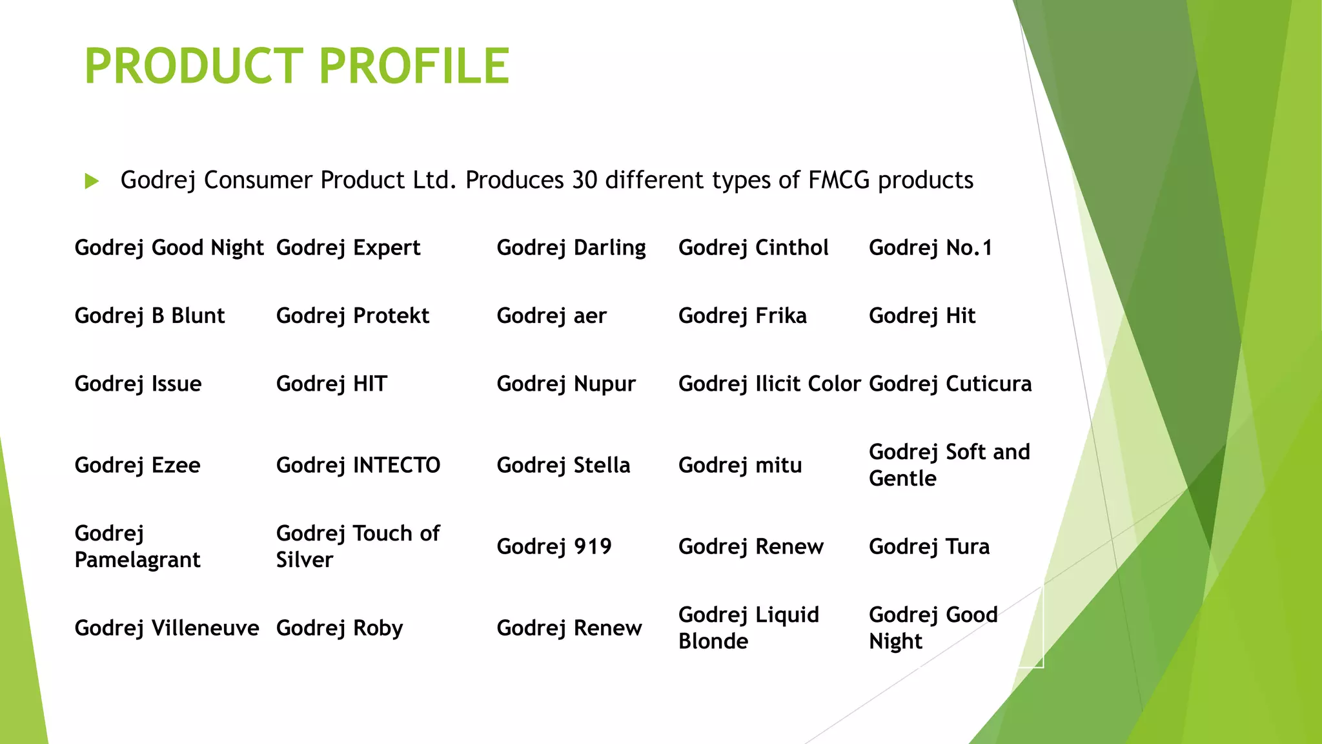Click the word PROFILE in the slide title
414,66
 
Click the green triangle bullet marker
92,181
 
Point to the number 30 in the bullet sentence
585,180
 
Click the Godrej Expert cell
348,248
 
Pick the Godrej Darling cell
571,248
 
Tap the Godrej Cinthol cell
753,248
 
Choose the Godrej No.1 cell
930,248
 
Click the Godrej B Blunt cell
150,316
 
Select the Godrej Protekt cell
352,316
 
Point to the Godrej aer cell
551,316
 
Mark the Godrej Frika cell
742,316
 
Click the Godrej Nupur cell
566,384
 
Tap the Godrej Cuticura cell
950,384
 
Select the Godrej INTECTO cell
358,465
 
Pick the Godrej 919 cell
554,547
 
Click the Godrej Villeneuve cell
167,628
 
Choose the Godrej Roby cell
340,628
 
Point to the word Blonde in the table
713,641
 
